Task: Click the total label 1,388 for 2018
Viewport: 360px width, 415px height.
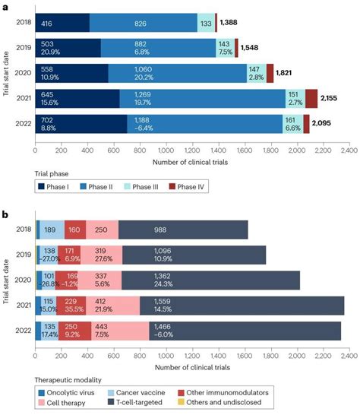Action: point(231,24)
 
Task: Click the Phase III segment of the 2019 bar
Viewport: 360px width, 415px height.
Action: point(226,48)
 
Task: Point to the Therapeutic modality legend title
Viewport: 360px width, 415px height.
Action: point(68,378)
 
